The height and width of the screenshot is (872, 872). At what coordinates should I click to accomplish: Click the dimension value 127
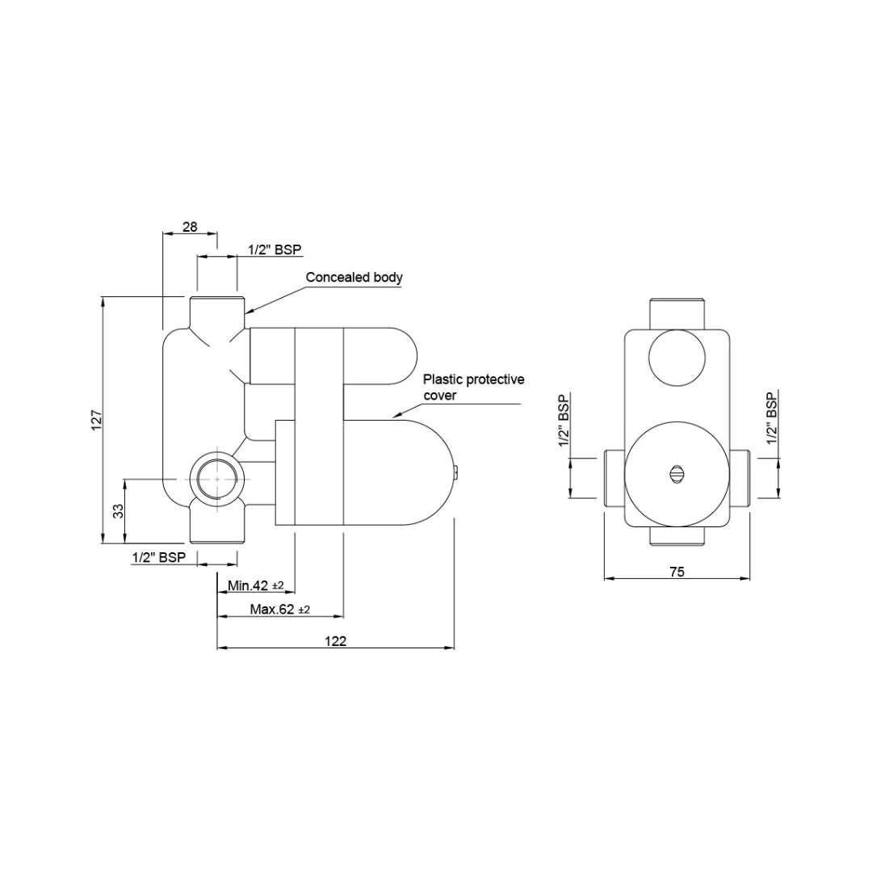(95, 420)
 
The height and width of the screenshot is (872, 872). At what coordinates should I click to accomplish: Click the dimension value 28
(190, 227)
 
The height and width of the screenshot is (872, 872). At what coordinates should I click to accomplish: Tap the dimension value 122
(336, 641)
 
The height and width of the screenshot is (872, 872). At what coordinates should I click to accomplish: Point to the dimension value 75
(677, 572)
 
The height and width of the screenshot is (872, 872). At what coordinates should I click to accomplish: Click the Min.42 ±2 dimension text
(255, 585)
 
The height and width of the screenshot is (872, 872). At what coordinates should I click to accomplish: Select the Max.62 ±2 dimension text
(279, 610)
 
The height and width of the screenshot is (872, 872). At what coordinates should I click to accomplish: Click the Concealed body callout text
(354, 277)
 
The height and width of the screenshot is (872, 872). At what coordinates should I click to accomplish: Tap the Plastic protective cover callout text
(474, 387)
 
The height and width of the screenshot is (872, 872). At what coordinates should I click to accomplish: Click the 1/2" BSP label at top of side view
(275, 250)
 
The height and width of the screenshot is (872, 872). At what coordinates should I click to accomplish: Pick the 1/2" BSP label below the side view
(159, 557)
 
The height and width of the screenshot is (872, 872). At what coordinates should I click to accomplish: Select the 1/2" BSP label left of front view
(564, 420)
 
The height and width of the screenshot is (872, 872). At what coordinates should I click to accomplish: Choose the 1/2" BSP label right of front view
(772, 418)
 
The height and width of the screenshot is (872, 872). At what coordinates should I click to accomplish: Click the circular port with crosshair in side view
(216, 478)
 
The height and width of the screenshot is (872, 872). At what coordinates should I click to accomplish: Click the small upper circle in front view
(677, 360)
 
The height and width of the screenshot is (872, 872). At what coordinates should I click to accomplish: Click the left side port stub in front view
(614, 478)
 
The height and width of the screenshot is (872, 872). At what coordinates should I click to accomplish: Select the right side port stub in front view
(741, 478)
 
